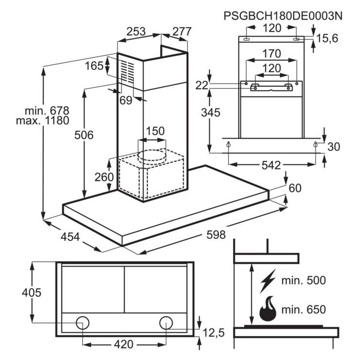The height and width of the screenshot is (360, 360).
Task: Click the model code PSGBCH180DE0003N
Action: pos(283,16)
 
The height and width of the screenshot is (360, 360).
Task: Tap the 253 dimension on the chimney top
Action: pos(136,32)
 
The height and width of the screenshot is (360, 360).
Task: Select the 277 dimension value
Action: pos(182,32)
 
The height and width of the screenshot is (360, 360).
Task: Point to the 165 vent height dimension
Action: pos(94,66)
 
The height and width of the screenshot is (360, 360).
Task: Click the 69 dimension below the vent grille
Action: pos(126,100)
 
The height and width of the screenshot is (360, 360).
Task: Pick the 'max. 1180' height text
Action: pos(43,121)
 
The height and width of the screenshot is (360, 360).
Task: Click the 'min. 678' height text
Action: pos(47,110)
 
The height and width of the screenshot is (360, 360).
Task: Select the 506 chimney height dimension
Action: pos(84,135)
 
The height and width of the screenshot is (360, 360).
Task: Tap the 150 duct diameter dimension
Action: pos(155,131)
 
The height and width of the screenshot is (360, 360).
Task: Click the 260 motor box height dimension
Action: pos(104,177)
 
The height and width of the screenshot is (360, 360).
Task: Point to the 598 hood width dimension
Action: pos(216,234)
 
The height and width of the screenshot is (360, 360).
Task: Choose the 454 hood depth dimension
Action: pos(70,237)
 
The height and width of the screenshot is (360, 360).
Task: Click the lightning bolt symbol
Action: pos(268,281)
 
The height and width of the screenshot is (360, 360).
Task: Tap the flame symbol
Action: pos(268,308)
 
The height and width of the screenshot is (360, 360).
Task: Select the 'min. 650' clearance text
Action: pos(304,309)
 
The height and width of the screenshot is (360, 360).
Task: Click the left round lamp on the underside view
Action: pos(83,323)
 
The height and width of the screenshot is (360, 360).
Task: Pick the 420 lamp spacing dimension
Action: pos(124,344)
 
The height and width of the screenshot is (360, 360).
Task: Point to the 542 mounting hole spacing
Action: pos(271,165)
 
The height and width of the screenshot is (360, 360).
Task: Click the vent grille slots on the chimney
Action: pos(127,72)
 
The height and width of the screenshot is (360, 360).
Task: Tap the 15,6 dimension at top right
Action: pos(327,38)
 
